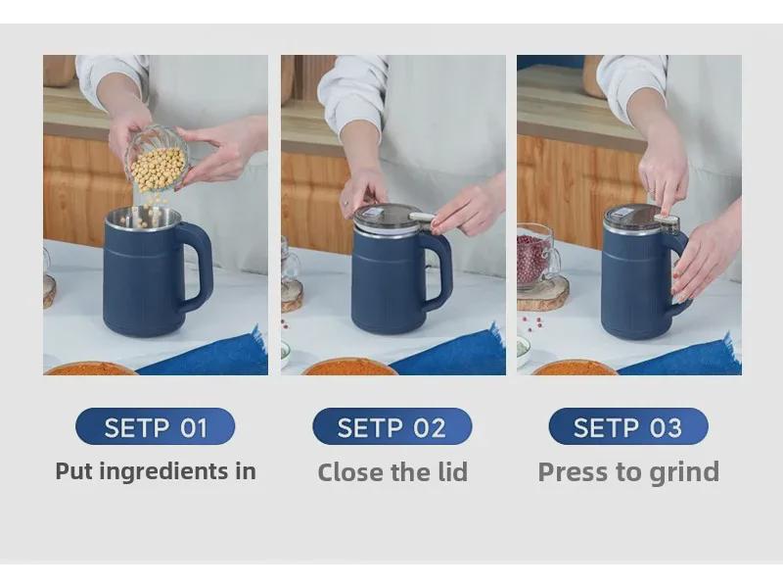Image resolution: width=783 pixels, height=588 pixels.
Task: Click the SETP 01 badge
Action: pyautogui.click(x=156, y=426)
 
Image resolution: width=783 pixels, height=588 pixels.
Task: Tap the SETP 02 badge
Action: pyautogui.click(x=392, y=426)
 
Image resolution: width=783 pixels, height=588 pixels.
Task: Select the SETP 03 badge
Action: pyautogui.click(x=628, y=426)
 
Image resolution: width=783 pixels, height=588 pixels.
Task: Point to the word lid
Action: pyautogui.click(x=451, y=472)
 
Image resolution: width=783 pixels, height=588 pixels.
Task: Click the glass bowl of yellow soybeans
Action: pyautogui.click(x=157, y=159)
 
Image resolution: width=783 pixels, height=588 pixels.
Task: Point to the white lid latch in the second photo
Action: pyautogui.click(x=422, y=216)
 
